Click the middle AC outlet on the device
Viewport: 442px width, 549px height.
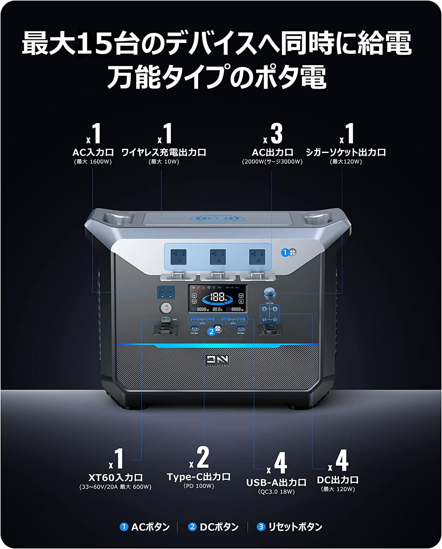point(218,257)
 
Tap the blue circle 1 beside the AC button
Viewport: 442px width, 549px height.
point(285,253)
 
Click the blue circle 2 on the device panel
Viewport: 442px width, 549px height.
point(211,332)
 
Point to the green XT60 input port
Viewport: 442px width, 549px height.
point(166,319)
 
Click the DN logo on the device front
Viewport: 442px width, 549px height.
point(217,360)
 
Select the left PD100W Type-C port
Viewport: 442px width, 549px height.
point(194,328)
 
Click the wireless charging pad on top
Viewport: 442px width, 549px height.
point(217,219)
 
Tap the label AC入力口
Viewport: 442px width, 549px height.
point(93,152)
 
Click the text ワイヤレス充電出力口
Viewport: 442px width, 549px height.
point(164,152)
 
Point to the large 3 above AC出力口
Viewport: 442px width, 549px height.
point(276,134)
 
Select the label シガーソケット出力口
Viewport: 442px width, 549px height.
point(346,152)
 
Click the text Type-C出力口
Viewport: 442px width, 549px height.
point(199,477)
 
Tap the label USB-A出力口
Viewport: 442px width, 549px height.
point(276,482)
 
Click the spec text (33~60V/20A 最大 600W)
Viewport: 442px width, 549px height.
point(115,487)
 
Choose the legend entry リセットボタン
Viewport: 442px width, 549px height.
point(295,527)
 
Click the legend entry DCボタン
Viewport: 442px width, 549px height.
point(219,527)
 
